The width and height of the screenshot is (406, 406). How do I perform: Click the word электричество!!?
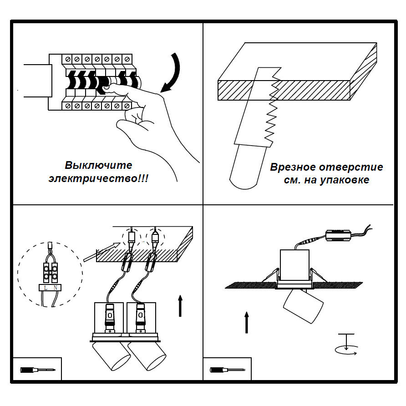99,178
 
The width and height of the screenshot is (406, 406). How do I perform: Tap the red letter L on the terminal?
47,288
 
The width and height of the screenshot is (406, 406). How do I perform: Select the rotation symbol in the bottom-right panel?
346,346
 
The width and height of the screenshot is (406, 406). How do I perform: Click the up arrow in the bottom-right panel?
246,322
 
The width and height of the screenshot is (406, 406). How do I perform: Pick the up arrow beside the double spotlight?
180,305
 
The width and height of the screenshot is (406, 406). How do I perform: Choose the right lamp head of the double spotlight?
147,358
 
